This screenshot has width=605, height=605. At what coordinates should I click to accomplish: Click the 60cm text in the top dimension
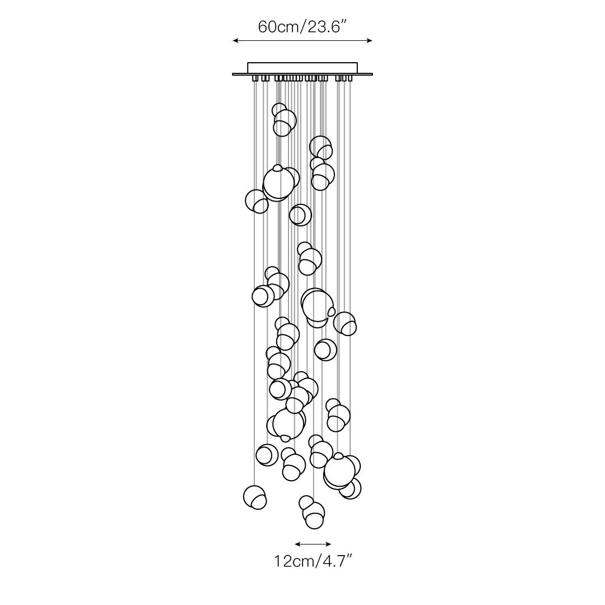click(277, 27)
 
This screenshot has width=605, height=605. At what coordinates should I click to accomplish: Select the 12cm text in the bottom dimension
click(293, 561)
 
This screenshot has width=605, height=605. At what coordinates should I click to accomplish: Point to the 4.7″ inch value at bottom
click(336, 561)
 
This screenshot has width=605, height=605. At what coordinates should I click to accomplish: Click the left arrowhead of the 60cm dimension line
click(235, 40)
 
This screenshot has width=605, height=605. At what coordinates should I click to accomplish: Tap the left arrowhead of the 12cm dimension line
click(297, 544)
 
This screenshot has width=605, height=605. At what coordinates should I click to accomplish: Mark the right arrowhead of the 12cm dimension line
click(329, 544)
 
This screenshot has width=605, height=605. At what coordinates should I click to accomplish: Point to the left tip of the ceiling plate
click(232, 74)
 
